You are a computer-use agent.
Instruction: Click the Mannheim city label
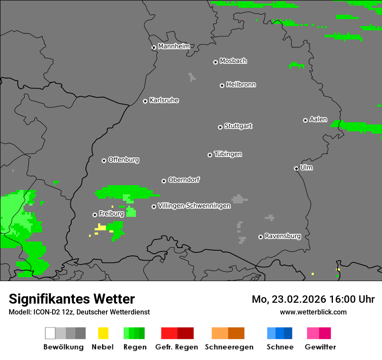174,46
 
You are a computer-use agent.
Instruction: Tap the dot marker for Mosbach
215,62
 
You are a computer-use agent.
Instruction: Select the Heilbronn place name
241,85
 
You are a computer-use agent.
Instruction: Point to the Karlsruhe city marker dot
145,101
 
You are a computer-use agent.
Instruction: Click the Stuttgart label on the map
238,126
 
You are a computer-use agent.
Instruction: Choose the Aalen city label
318,119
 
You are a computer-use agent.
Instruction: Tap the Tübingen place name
228,154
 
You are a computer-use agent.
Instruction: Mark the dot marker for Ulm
296,168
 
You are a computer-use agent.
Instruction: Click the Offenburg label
124,160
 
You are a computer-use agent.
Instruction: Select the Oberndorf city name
184,180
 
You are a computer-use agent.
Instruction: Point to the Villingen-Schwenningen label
194,206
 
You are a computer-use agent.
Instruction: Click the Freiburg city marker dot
95,215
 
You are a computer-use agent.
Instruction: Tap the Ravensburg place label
283,236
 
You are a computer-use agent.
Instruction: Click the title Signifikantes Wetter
72,299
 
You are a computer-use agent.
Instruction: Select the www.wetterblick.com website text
313,312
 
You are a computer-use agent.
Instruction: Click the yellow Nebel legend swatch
103,333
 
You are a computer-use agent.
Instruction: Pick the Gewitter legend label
320,347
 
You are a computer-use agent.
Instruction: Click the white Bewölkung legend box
50,333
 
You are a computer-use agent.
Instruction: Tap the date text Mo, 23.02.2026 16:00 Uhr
313,299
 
